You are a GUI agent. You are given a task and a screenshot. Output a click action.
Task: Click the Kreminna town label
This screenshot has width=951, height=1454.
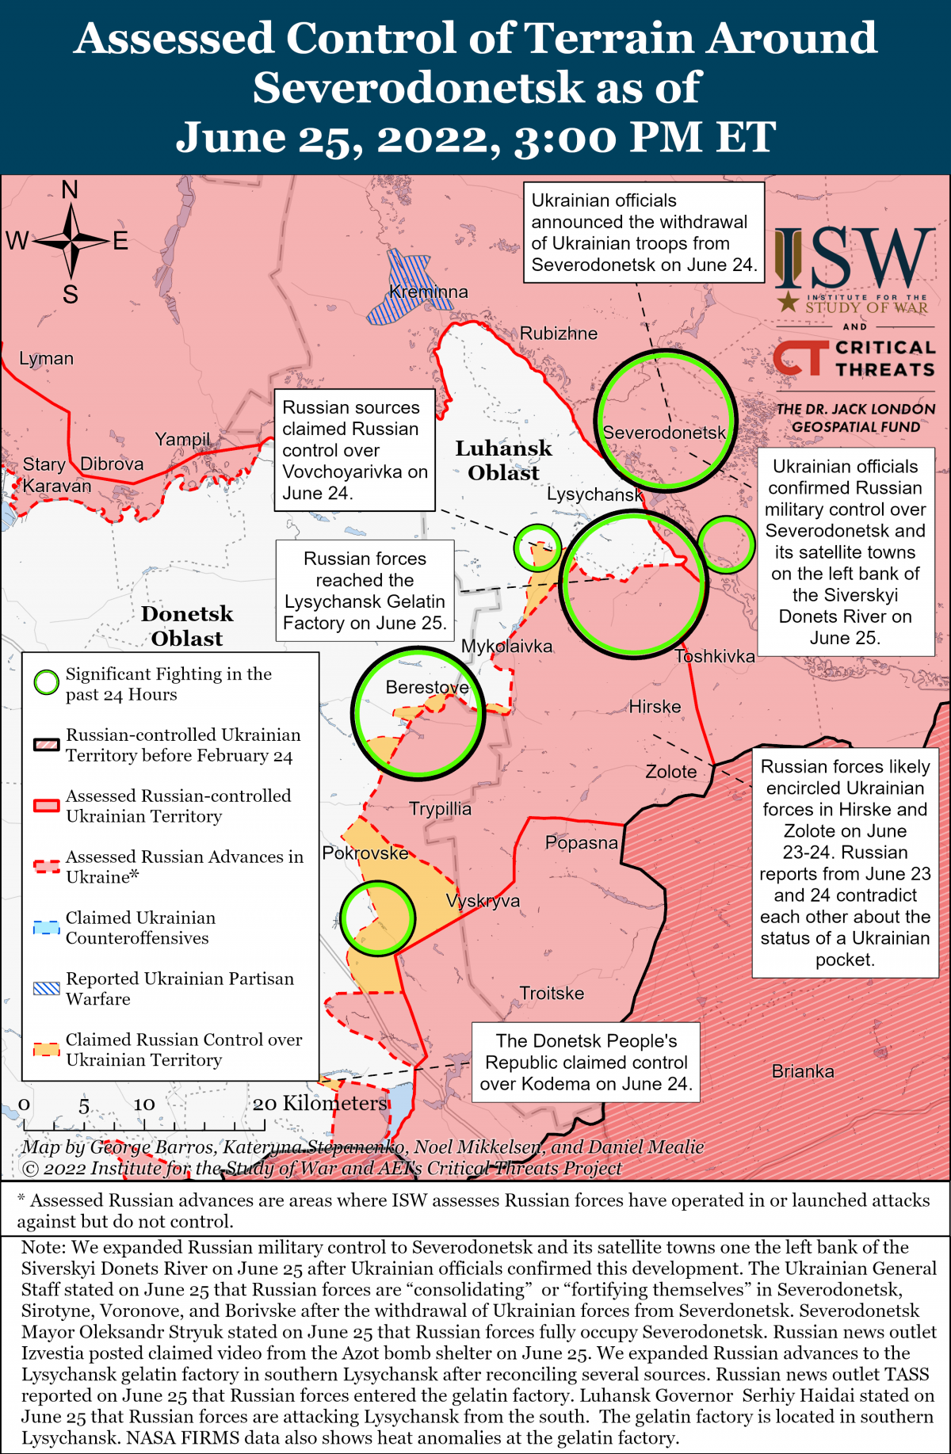tap(429, 292)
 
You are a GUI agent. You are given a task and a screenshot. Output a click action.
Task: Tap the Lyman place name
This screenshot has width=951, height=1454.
tap(46, 358)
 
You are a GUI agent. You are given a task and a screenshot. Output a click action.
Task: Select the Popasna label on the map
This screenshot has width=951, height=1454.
tap(581, 842)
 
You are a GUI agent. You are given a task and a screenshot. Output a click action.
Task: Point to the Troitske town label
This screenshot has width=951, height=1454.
tap(552, 993)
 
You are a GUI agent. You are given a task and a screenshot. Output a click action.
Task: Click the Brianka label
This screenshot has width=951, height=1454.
tap(803, 1071)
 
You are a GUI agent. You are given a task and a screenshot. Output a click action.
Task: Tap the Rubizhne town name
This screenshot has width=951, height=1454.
tap(558, 334)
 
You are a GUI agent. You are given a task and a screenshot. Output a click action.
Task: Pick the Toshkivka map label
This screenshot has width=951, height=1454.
tap(715, 656)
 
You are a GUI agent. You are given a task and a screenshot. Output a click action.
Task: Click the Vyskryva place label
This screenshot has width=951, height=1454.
tap(483, 901)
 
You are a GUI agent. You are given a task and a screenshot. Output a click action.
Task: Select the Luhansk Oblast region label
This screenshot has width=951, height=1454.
tap(503, 460)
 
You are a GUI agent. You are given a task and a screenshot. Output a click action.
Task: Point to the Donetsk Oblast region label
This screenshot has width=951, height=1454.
tap(187, 626)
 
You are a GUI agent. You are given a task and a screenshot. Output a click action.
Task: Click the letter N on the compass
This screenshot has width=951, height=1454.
tap(70, 190)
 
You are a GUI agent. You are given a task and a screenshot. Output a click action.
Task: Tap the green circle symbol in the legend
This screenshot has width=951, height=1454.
tap(47, 682)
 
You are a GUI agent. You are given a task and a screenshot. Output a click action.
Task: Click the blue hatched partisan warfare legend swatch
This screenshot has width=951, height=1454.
tap(47, 988)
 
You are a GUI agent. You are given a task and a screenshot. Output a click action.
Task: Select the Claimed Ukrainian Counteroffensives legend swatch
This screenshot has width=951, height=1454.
tap(47, 927)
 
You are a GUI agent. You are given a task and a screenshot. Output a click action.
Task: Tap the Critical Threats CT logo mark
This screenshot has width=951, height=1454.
tap(800, 358)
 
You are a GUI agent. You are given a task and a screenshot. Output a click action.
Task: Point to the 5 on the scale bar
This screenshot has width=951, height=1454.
tap(84, 1105)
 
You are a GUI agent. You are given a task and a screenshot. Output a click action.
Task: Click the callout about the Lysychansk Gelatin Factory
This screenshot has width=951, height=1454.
tap(365, 591)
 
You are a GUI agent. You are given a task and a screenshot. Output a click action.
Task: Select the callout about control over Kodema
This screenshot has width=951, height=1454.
tap(586, 1062)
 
